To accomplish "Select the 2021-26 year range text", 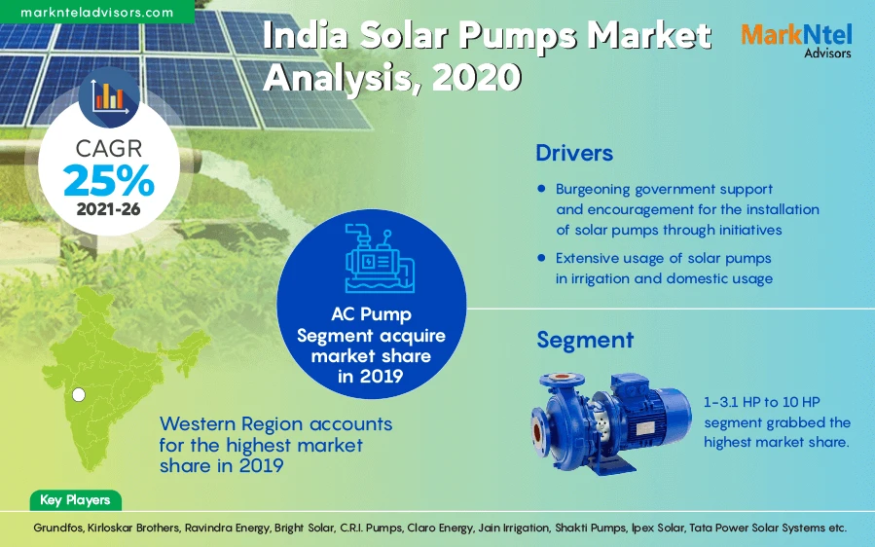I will click(109, 208).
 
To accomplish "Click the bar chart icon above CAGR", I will click(108, 94).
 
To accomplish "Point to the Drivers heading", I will click(574, 153).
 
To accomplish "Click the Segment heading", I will click(585, 340).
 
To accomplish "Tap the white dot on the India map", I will click(80, 394).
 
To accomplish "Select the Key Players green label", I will click(75, 500).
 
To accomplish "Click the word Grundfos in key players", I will click(50, 527).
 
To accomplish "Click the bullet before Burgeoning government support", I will click(541, 188).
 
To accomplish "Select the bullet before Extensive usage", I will click(541, 258).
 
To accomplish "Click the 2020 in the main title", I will click(476, 77).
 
